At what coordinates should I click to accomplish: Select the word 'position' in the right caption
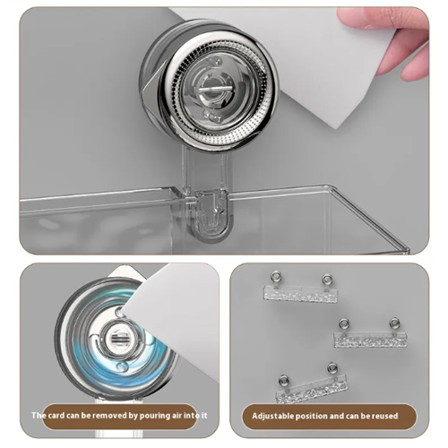click(318, 416)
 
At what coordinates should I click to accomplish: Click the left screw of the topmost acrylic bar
click(275, 278)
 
